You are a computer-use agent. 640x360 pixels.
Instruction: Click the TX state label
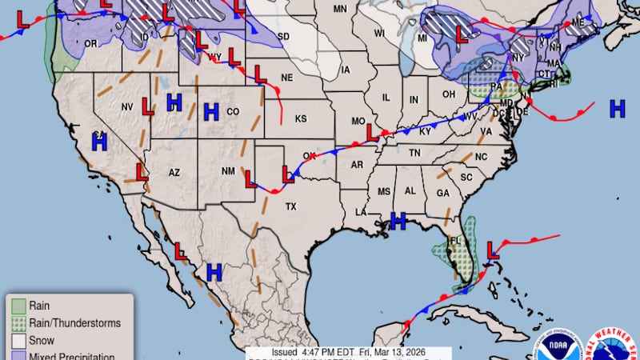[x=291, y=206]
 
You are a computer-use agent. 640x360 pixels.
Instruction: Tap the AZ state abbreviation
[x=175, y=172]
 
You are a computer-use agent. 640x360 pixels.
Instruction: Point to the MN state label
[x=340, y=9]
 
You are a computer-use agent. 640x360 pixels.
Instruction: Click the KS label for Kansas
[x=301, y=118]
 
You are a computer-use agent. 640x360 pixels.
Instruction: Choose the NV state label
[x=127, y=106]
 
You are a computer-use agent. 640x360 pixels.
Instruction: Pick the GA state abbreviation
[x=442, y=193]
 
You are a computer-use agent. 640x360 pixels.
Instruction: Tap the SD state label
[x=284, y=37]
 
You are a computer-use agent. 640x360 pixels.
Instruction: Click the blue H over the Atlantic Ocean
[x=617, y=108]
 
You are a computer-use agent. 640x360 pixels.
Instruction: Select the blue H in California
[x=99, y=142]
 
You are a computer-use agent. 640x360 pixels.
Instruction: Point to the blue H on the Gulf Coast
[x=398, y=220]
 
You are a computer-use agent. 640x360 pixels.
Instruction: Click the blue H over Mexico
[x=214, y=272]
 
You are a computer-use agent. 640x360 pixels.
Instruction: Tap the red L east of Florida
[x=493, y=250]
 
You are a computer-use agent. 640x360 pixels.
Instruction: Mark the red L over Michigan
[x=462, y=34]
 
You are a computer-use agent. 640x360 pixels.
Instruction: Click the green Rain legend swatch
[x=18, y=305]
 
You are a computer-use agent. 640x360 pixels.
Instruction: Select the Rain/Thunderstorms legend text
[x=74, y=323]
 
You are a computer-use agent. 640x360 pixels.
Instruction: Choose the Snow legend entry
[x=42, y=340]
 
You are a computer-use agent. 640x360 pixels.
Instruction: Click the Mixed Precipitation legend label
[x=72, y=356]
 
